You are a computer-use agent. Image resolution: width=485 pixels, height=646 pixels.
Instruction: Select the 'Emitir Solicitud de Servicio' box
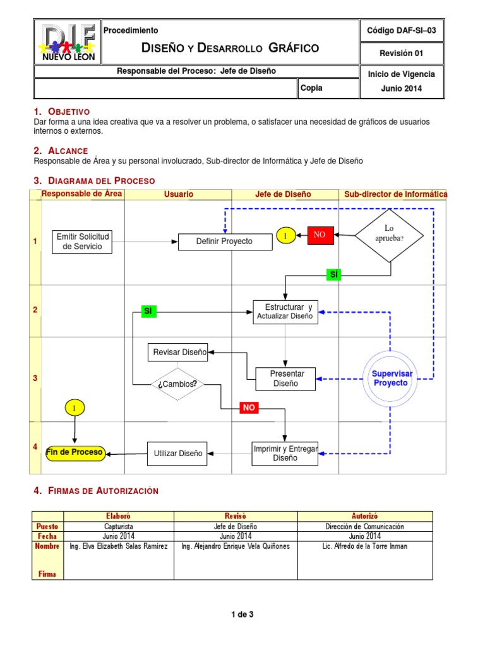click(x=83, y=242)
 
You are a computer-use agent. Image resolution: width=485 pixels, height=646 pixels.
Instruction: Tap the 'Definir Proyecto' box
click(x=224, y=242)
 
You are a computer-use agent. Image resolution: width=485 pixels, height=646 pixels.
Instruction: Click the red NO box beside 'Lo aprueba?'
click(x=320, y=235)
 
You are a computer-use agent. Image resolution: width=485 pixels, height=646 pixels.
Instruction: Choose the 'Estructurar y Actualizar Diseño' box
click(x=285, y=312)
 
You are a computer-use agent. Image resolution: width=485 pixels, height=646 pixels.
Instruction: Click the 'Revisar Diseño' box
click(x=180, y=353)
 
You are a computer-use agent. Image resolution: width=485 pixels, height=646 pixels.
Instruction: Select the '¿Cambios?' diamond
click(x=177, y=384)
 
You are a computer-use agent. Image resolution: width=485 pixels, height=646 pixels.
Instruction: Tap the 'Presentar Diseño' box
click(x=285, y=379)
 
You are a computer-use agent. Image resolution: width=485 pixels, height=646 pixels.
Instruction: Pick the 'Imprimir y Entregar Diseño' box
click(x=285, y=453)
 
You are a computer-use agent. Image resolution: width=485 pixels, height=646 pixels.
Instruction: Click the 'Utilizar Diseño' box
click(x=177, y=453)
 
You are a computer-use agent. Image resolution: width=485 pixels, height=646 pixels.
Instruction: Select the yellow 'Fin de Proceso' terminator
click(x=75, y=453)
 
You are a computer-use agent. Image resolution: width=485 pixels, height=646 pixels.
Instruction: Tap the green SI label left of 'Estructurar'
click(x=148, y=311)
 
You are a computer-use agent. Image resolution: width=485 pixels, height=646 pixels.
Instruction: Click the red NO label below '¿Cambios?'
click(x=249, y=408)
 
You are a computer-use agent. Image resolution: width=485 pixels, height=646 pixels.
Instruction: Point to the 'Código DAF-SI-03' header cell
click(x=402, y=30)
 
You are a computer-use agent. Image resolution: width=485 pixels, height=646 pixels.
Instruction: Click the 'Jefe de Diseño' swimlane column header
click(x=283, y=194)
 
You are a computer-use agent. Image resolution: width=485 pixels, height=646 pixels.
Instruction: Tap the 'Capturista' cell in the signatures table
click(x=119, y=527)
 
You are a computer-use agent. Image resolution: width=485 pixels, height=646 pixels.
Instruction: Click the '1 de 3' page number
click(x=242, y=614)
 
